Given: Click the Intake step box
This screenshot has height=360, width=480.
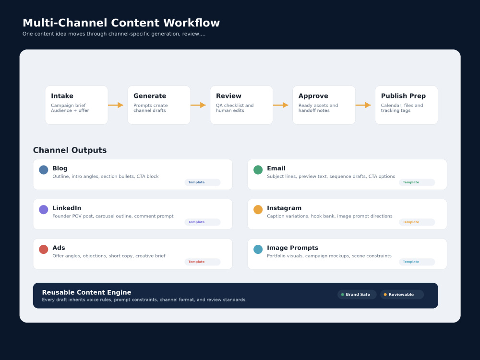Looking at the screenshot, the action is (76, 105).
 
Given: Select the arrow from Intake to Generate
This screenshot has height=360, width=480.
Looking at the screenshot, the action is (116, 105).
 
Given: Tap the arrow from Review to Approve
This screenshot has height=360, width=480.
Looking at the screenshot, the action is (281, 105).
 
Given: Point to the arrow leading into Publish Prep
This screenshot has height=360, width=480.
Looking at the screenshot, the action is (363, 105).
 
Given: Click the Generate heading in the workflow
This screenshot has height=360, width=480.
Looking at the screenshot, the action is (150, 96).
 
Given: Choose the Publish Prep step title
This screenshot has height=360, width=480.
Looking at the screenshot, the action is (403, 96).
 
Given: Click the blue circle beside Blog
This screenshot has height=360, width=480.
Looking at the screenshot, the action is (44, 169).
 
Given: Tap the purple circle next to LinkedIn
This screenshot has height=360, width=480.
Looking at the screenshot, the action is (44, 209).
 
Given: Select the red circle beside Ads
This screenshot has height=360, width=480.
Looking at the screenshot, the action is (44, 249).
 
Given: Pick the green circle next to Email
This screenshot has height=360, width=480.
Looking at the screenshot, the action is (258, 169).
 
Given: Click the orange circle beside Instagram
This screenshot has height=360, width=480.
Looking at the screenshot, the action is (258, 209).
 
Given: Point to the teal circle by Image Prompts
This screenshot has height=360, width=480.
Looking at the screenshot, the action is (258, 249).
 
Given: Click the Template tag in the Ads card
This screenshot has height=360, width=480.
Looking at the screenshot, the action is (203, 262).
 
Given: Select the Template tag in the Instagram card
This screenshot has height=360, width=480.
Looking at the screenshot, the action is (417, 222).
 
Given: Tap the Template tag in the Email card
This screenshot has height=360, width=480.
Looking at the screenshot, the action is (417, 182).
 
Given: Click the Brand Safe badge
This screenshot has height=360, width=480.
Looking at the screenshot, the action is (357, 295).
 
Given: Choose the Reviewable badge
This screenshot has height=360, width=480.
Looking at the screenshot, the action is (402, 295).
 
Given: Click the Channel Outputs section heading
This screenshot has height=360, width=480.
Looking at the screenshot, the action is (70, 150).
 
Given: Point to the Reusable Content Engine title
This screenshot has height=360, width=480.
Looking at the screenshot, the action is (86, 292).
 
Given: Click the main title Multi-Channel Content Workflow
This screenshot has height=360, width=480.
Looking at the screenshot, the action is (121, 23).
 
